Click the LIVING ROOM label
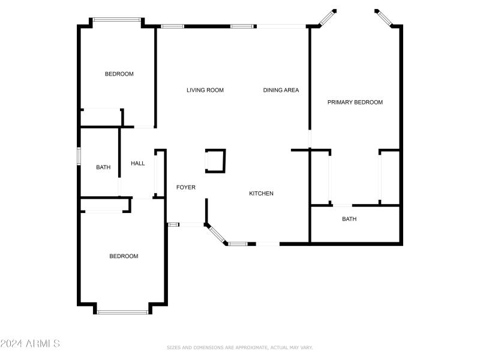[x=205, y=90]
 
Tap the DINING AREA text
[x=281, y=90]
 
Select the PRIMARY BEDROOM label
[x=355, y=102]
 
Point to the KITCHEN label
[x=262, y=193]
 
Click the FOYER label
[x=185, y=187]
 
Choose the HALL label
[x=138, y=163]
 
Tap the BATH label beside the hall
[x=103, y=167]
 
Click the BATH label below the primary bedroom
[x=349, y=219]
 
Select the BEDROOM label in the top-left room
[x=119, y=74]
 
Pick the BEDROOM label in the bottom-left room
[x=124, y=256]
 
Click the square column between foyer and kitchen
[x=215, y=161]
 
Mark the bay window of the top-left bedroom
[x=117, y=20]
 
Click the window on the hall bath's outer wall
[x=79, y=155]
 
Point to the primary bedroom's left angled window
[x=328, y=17]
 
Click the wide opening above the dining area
[x=281, y=26]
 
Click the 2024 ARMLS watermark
[x=30, y=344]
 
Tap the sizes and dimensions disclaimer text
[x=239, y=347]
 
